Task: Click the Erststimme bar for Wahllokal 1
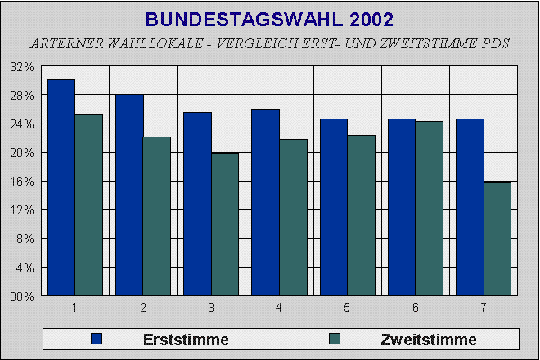61,187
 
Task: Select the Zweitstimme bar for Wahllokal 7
497,239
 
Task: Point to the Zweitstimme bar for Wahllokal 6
430,209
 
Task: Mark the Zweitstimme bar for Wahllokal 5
361,215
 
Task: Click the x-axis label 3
211,308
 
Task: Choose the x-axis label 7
483,308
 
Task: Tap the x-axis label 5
347,308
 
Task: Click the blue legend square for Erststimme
97,339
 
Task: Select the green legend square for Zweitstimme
335,339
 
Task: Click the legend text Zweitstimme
428,339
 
